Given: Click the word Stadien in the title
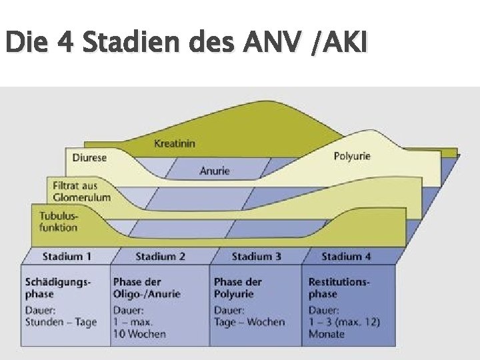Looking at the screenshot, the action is (x=148, y=44).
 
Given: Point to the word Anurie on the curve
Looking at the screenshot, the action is (x=215, y=171).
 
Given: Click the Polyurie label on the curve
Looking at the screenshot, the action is (x=351, y=157).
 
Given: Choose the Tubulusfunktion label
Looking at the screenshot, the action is (x=59, y=222).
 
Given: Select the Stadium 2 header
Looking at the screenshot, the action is (x=160, y=256).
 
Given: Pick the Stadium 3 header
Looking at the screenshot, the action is (x=256, y=256).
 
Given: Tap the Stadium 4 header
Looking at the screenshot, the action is (x=346, y=256).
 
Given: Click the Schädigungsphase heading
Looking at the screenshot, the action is (x=57, y=288).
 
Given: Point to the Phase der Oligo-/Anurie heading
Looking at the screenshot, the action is (x=147, y=288).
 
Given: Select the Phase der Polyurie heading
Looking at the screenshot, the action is (x=237, y=288).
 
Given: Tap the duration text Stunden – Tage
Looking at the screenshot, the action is (x=61, y=323).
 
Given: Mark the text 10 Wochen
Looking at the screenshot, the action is (x=139, y=334).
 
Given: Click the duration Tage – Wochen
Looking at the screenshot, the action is (x=249, y=323).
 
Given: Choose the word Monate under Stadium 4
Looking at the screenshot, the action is (x=327, y=334).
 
